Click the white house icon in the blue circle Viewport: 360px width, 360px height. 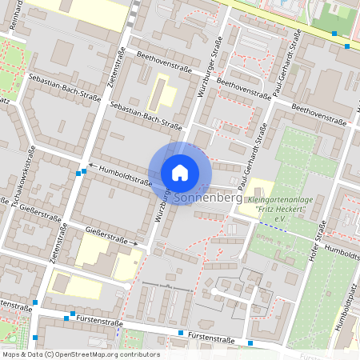tap(180, 172)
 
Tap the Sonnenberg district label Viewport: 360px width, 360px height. tap(206, 196)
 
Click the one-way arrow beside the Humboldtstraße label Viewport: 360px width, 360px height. tap(91, 166)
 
